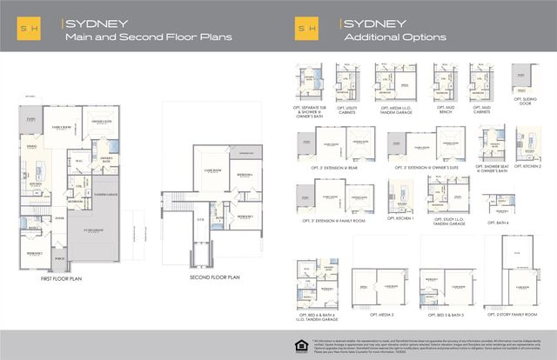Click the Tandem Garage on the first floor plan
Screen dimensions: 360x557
tap(105, 170)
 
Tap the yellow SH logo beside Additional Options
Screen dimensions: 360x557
tap(305, 26)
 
